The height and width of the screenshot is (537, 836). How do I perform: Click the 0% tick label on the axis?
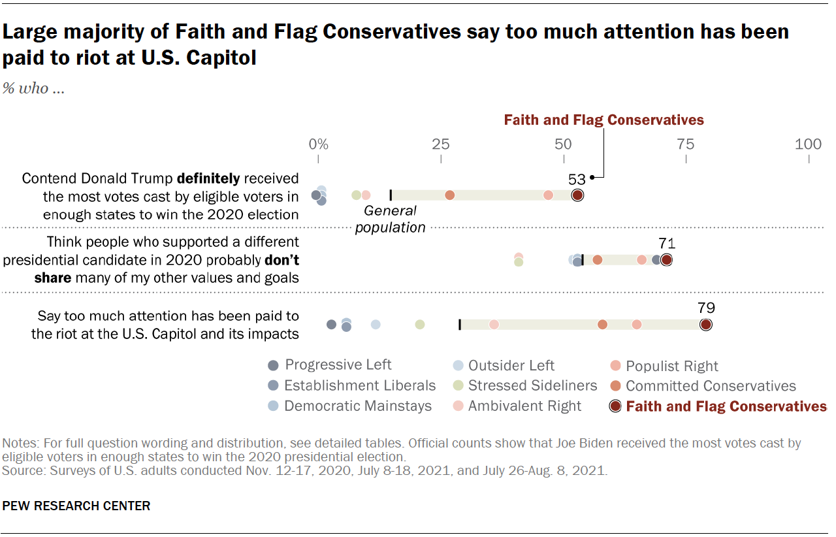click(318, 144)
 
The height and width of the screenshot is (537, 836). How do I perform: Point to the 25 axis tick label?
click(441, 144)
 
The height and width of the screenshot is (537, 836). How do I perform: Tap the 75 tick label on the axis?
click(686, 144)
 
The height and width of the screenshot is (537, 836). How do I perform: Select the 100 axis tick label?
click(809, 144)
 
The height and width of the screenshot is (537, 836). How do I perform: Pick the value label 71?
click(667, 244)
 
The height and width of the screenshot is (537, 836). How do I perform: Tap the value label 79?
click(706, 308)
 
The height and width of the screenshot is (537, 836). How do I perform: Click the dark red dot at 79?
click(706, 325)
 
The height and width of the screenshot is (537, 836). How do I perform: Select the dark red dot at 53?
click(577, 195)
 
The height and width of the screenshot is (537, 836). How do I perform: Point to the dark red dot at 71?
click(666, 260)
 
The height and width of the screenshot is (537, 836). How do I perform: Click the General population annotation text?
click(391, 219)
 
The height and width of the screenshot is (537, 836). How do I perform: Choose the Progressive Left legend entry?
click(338, 365)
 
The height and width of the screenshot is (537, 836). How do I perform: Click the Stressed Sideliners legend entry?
click(532, 385)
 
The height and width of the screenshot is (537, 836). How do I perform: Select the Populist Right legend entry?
click(671, 366)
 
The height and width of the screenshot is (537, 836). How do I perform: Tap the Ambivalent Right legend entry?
click(524, 406)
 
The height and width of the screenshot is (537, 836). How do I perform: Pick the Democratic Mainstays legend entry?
click(358, 406)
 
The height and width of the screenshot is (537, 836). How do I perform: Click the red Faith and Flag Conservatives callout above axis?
click(603, 120)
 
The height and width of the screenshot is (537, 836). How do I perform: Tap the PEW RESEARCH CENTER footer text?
click(76, 506)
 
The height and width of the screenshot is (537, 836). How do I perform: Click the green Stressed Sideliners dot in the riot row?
click(420, 325)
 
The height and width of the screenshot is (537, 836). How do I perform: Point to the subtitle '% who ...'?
click(34, 89)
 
